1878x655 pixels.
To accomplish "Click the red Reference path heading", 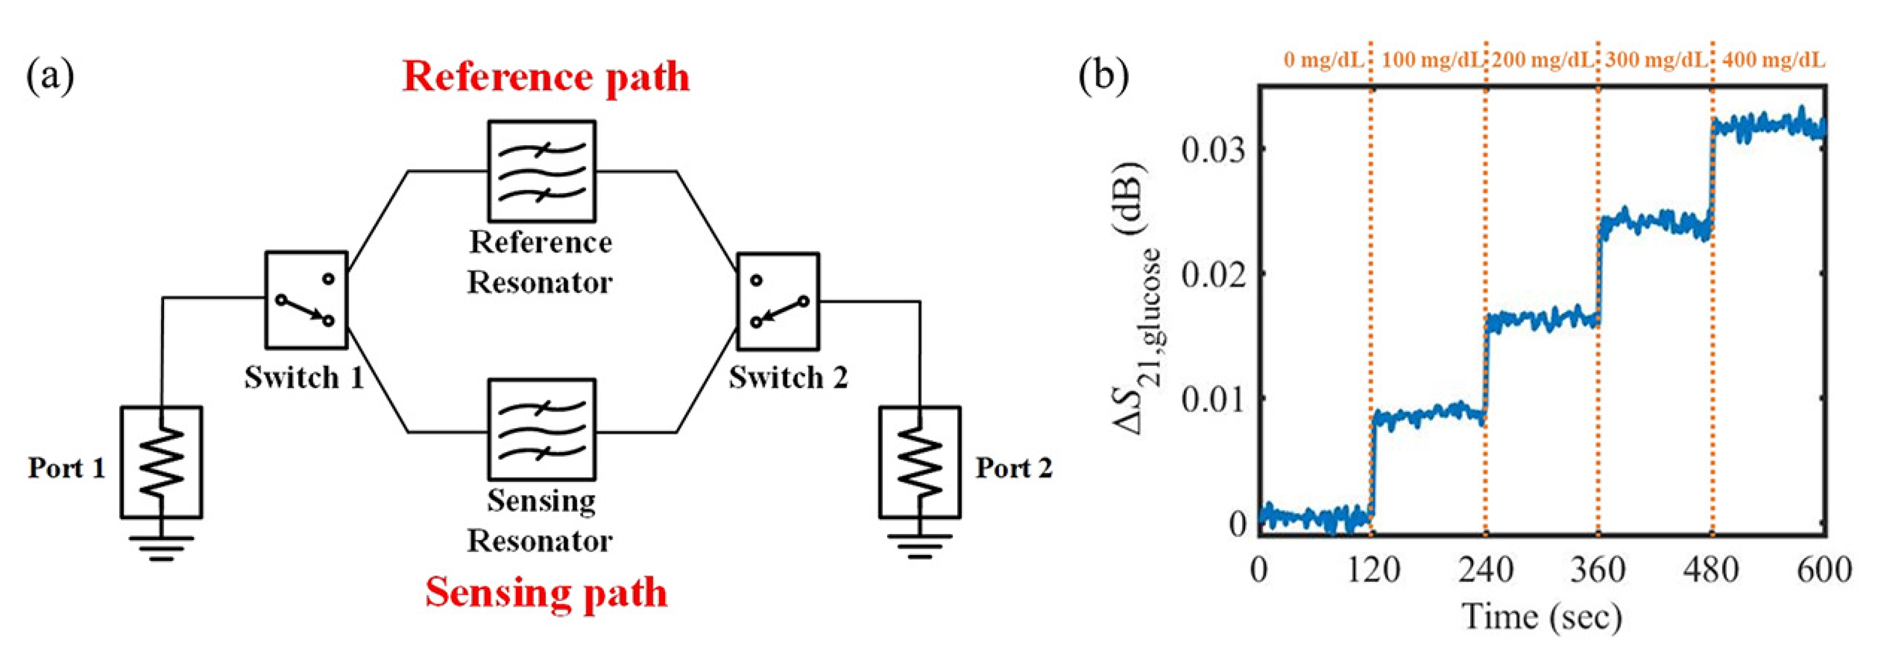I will pos(546,77).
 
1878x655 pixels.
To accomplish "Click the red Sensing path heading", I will pos(546,592).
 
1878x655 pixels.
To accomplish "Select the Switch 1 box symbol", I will pos(305,299).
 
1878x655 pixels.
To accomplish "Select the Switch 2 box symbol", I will pos(777,301).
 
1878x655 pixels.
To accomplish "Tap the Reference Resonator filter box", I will pos(542,171).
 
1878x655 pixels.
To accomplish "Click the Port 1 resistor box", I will pos(161,462).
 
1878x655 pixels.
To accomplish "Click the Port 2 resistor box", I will pos(919,462).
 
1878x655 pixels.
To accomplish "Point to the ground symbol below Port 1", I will pos(161,548).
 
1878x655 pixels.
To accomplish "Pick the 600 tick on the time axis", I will pos(1823,570).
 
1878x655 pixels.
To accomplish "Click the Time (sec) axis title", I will pos(1542,617).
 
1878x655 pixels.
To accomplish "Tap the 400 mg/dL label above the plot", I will pos(1773,60).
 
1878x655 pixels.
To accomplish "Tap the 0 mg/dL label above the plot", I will pos(1323,60).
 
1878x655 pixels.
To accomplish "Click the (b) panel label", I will pos(1103,76).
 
